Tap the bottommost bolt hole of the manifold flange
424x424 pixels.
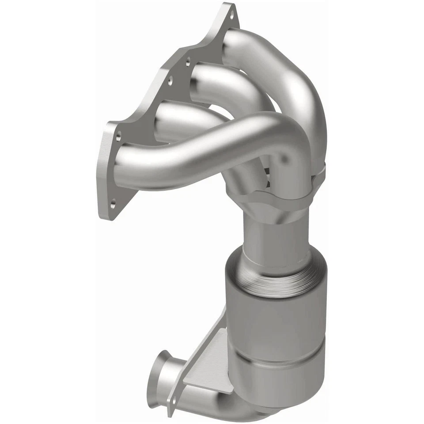pyautogui.click(x=114, y=204)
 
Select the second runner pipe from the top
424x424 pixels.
pyautogui.click(x=221, y=84)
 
